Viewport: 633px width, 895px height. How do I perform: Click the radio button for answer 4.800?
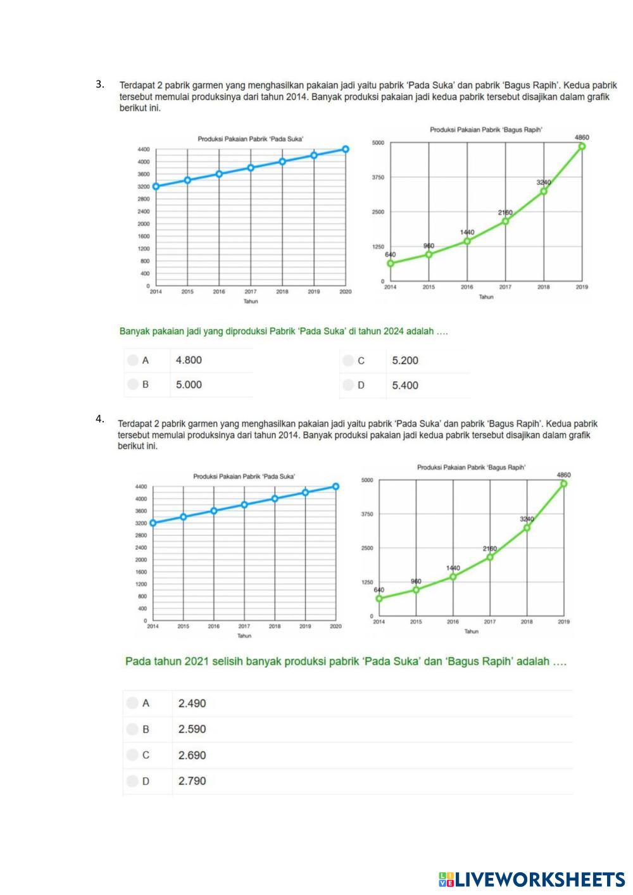click(x=132, y=360)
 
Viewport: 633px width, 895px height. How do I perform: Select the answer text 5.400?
click(x=405, y=385)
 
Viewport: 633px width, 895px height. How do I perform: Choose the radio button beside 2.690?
click(x=132, y=755)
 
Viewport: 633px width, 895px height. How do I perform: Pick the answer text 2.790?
click(x=192, y=781)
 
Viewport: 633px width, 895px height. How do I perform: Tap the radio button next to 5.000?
click(x=132, y=384)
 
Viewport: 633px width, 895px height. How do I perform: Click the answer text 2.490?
click(x=192, y=703)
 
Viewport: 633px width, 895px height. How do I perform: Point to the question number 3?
click(x=99, y=84)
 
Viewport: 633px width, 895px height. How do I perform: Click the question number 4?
click(x=99, y=418)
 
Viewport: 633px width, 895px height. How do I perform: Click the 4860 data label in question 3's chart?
click(x=582, y=137)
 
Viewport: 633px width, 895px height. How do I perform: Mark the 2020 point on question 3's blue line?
click(x=346, y=149)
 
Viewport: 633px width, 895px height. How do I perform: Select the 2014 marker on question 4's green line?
click(x=379, y=598)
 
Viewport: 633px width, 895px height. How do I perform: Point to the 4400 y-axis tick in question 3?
click(x=143, y=149)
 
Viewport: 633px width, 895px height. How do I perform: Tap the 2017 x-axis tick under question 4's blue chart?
click(x=244, y=627)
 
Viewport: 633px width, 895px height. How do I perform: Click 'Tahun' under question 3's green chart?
click(x=486, y=297)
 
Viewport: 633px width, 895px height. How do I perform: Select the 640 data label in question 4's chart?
click(x=379, y=590)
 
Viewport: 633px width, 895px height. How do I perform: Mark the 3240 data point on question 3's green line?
click(x=544, y=191)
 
